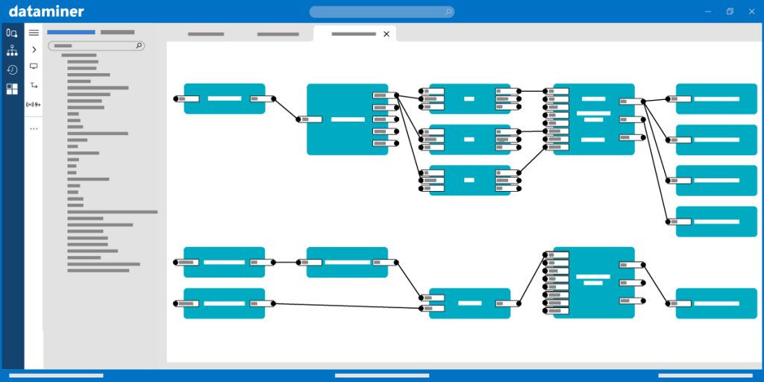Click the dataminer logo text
[x=46, y=11]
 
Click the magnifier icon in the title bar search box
[x=448, y=12]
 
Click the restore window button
[x=730, y=11]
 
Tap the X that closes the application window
[x=752, y=11]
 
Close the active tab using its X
[x=386, y=34]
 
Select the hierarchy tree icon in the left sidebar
[x=12, y=51]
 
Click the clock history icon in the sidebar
[x=12, y=70]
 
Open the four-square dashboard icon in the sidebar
[x=12, y=90]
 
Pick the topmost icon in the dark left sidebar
[x=12, y=33]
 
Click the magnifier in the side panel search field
[x=139, y=46]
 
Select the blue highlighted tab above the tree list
[x=71, y=32]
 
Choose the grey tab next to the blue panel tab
[x=117, y=32]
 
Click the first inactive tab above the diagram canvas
[x=206, y=34]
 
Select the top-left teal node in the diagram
[x=225, y=98]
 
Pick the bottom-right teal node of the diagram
[x=716, y=304]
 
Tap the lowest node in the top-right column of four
[x=716, y=222]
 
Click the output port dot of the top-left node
[x=273, y=98]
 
